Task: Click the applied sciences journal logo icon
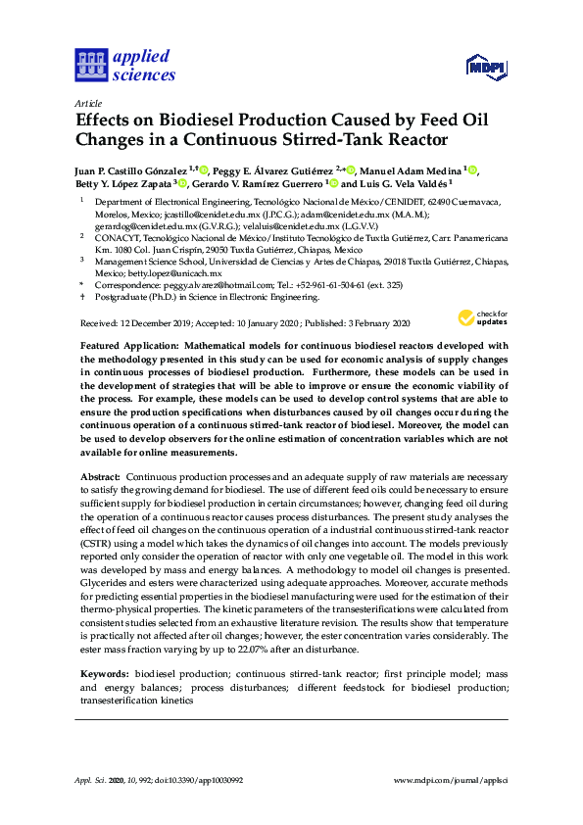coord(90,65)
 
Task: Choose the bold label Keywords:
coord(103,675)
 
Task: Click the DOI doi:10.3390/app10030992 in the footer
coord(185,779)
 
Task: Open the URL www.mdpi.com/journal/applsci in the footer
coord(450,779)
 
